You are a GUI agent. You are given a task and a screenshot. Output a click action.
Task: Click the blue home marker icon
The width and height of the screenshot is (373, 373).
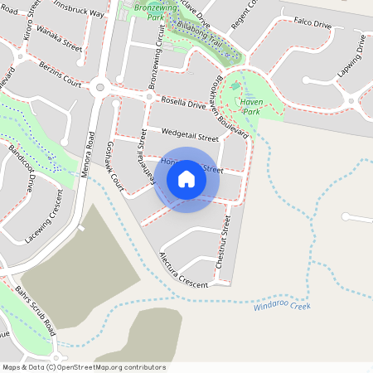coord(186,179)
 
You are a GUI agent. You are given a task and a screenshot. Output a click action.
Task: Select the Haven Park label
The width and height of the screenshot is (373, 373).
coord(250,105)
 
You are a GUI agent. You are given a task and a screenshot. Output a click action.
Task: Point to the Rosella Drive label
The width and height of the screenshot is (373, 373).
coord(182,102)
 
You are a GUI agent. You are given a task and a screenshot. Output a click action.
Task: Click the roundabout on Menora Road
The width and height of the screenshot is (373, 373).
coord(102,85)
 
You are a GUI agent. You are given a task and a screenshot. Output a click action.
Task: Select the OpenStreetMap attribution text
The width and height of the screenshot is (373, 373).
coord(83,366)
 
